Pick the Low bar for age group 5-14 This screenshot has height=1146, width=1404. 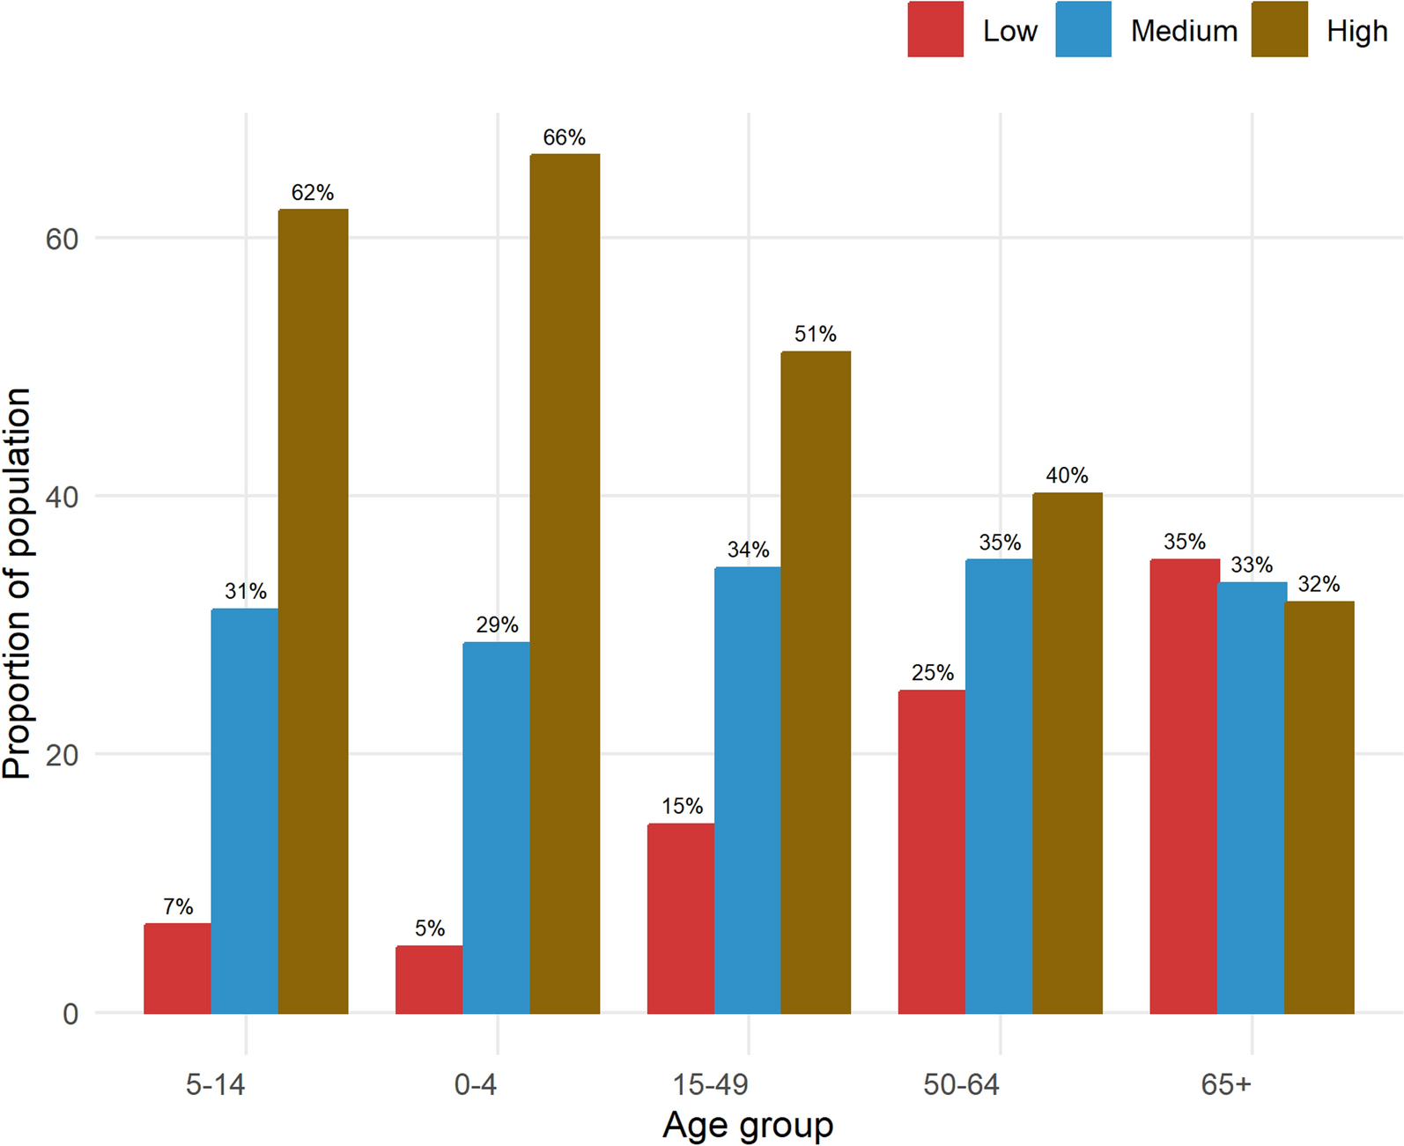click(177, 968)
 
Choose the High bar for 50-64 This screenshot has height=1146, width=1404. click(1067, 753)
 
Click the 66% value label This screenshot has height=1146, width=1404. click(564, 137)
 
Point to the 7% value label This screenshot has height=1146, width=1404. click(178, 906)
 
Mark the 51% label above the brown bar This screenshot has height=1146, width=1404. click(815, 334)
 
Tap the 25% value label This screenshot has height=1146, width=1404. click(932, 673)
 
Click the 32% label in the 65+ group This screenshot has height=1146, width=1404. click(1319, 584)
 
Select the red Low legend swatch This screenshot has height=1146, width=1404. click(935, 30)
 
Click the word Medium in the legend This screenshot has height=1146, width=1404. click(1184, 31)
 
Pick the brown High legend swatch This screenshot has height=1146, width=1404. click(1279, 30)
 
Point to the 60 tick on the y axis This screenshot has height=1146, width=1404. click(62, 239)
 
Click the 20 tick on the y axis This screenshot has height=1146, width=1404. click(62, 755)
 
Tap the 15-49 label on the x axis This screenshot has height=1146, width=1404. click(710, 1084)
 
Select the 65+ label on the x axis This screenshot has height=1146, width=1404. click(1225, 1084)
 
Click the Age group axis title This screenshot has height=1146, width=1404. click(748, 1125)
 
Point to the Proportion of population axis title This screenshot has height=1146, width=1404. click(18, 583)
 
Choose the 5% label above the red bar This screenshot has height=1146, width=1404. click(430, 928)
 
